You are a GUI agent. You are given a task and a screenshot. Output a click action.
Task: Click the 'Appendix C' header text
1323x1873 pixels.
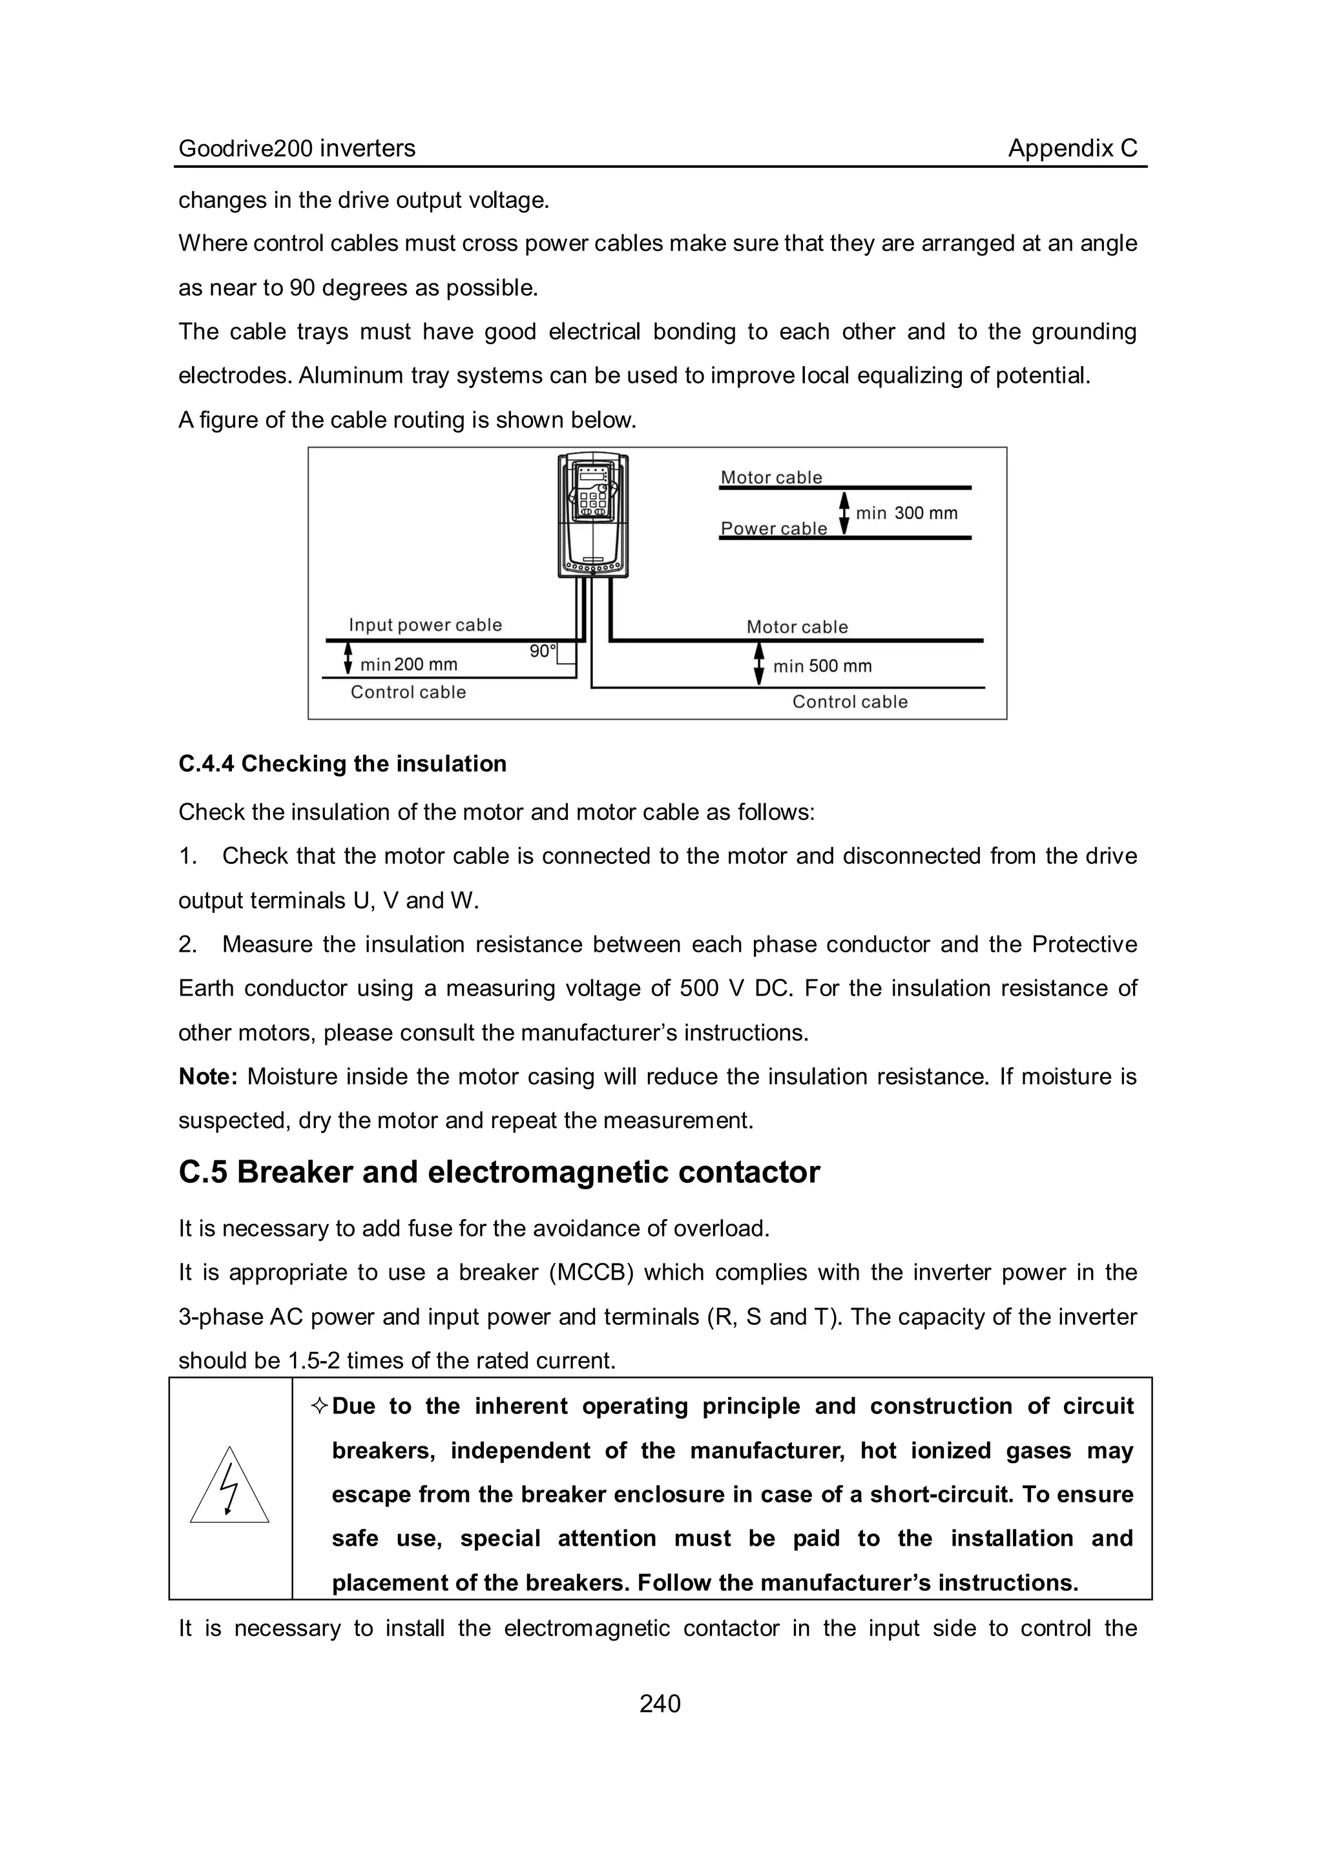[x=1072, y=148]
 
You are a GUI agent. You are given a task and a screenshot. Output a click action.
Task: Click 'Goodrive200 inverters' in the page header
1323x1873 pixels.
[x=297, y=148]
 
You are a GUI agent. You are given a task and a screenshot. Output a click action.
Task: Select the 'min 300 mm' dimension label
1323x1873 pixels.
[x=906, y=513]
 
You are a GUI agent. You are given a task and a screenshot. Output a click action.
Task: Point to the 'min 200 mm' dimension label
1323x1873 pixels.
[x=409, y=665]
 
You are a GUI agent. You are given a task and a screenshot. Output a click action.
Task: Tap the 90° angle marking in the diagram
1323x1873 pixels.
[x=542, y=651]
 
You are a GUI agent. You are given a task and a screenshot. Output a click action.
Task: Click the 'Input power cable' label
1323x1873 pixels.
[x=425, y=625]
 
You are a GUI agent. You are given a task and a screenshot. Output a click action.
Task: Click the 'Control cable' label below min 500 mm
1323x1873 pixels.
[x=849, y=702]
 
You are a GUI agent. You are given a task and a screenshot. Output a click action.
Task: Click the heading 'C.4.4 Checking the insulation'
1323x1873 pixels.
[x=343, y=764]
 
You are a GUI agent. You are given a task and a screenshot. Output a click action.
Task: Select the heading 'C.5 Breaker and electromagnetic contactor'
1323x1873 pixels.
[x=499, y=1172]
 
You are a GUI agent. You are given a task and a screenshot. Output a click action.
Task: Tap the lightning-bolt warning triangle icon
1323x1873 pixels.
[x=229, y=1488]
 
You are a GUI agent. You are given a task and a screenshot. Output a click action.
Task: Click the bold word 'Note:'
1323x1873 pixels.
[x=208, y=1077]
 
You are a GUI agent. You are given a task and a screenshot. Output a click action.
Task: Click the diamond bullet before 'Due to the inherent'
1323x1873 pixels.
[x=320, y=1406]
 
